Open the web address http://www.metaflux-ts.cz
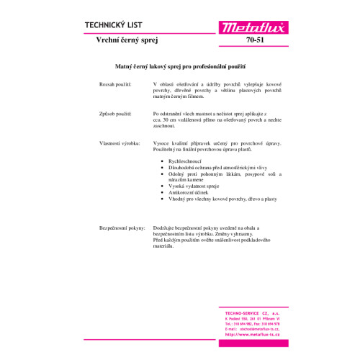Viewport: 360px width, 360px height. pos(252,336)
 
